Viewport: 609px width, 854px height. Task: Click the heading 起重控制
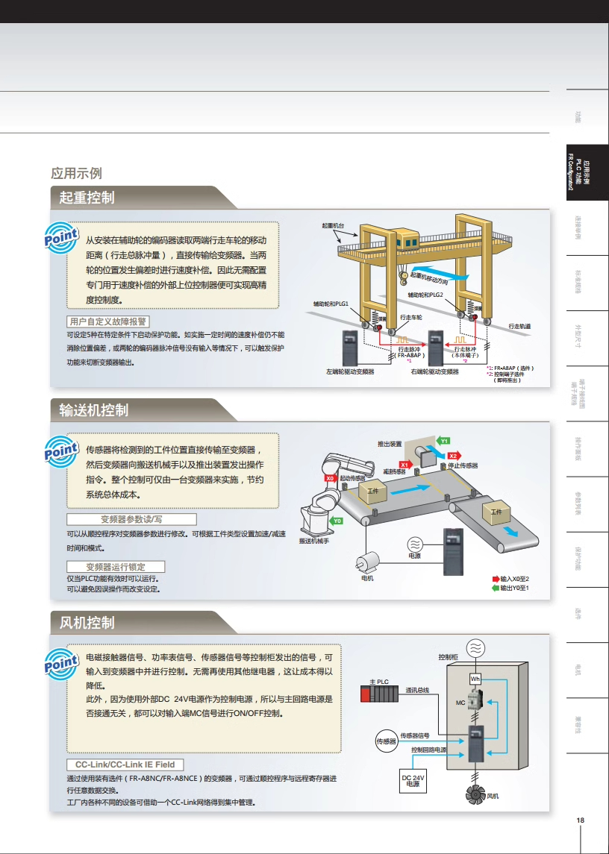pos(87,198)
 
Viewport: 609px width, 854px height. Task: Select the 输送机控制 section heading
pos(94,409)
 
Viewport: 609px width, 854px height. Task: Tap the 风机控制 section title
pos(87,622)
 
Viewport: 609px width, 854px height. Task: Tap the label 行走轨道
pos(519,326)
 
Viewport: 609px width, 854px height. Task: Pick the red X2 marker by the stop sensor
pos(453,456)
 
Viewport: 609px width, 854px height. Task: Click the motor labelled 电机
pos(367,563)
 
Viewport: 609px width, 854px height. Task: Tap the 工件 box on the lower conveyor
pos(496,513)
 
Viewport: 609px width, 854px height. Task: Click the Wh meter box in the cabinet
pos(475,679)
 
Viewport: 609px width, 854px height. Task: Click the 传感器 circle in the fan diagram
pos(386,741)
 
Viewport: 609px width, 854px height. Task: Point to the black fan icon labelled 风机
pos(475,795)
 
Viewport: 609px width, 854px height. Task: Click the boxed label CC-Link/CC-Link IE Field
pos(125,764)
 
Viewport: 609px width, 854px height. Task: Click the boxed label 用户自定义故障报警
pos(107,321)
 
